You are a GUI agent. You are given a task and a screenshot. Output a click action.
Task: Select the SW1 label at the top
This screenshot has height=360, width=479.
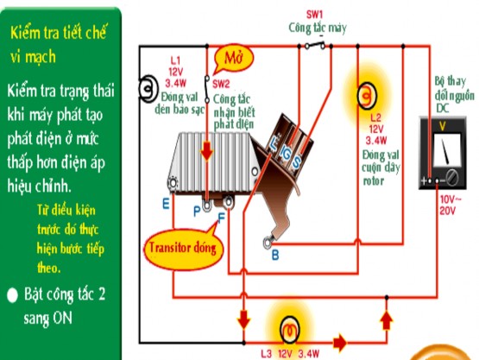[x=315, y=15]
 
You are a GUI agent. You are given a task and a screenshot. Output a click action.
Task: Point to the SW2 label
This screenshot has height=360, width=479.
[x=221, y=84]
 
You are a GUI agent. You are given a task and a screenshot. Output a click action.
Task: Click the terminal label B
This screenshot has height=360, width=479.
[x=274, y=255]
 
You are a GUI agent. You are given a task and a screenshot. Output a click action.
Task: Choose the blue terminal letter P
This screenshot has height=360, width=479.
[x=197, y=211]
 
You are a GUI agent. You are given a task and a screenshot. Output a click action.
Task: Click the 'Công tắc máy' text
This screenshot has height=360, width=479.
[x=317, y=28]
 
